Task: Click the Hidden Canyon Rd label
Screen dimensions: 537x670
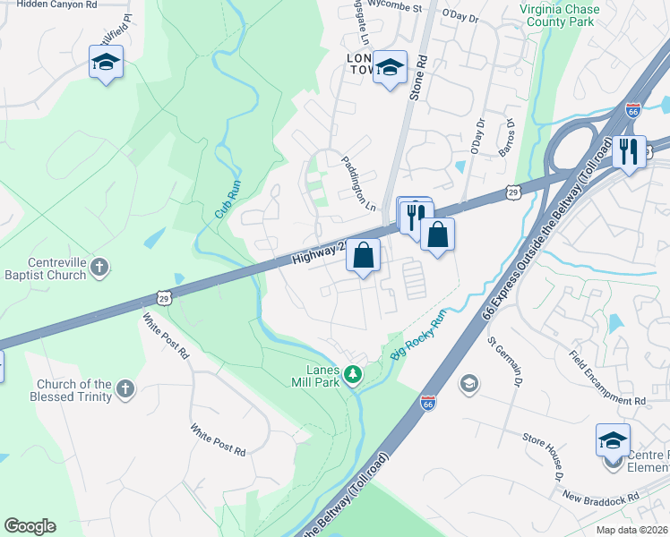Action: coord(56,4)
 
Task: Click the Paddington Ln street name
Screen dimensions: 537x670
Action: coord(358,182)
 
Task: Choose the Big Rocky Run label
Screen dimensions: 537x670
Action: coord(418,337)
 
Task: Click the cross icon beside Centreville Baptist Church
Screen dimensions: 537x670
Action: coord(99,266)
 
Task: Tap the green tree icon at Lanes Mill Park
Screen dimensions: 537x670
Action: coord(354,373)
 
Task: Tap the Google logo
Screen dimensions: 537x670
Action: coord(30,526)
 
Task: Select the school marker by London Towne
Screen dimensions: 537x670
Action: coord(390,67)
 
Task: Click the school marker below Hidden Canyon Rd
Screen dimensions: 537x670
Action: coord(106,63)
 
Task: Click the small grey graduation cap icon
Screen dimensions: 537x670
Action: coord(468,384)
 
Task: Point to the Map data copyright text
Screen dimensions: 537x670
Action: coord(632,530)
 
